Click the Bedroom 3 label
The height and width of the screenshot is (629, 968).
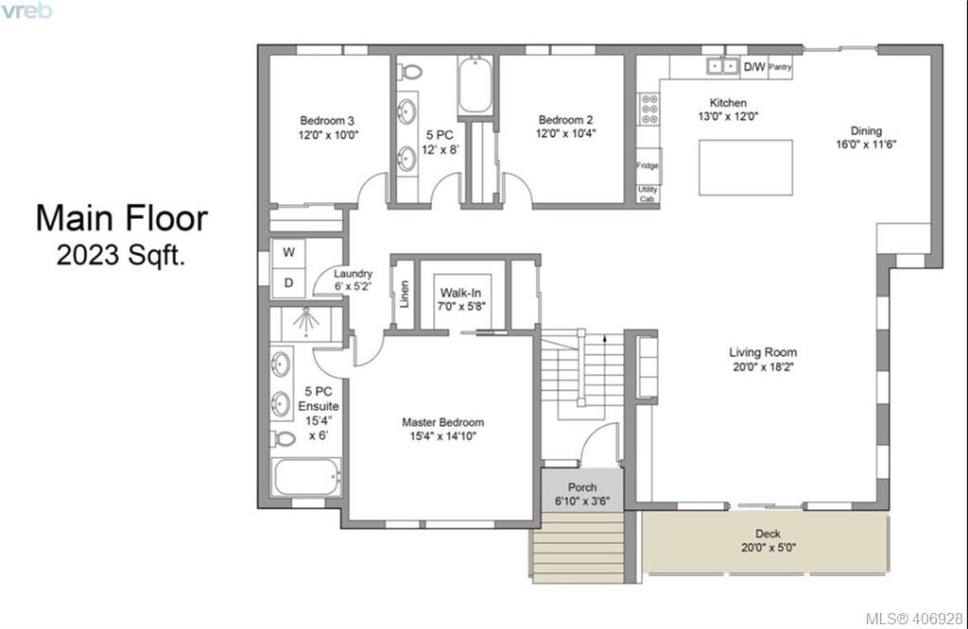pos(327,121)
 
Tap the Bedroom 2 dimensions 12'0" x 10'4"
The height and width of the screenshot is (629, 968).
pos(565,133)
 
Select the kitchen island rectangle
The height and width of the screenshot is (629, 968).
pos(746,167)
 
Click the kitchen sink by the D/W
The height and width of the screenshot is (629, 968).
pos(723,65)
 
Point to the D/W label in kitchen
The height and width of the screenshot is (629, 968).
pos(754,67)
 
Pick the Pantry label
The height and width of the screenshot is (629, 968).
pos(780,67)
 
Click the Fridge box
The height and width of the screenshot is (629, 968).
pos(648,165)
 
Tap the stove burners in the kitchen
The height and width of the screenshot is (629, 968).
pos(649,109)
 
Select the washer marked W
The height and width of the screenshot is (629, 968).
pos(289,253)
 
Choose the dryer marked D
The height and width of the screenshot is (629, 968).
pos(289,283)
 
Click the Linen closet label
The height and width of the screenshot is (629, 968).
pos(405,294)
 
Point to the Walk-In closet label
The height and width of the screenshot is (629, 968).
pos(460,293)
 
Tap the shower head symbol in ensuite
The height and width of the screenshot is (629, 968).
pos(306,322)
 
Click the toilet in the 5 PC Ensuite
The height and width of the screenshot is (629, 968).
pos(284,439)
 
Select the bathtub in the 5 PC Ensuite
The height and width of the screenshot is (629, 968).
pos(307,477)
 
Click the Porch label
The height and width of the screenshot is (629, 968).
pos(582,487)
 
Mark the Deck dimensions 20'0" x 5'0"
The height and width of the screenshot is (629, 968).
pos(769,547)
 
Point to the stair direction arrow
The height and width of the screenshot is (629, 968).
pos(604,338)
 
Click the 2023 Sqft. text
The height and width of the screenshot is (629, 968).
pos(121,255)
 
